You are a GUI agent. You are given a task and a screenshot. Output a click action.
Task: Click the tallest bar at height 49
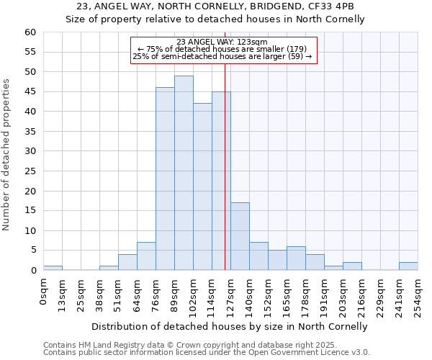click(184, 173)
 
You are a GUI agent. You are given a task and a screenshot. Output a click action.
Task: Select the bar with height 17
click(240, 236)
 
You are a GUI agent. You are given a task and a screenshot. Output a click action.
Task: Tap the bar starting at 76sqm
click(165, 179)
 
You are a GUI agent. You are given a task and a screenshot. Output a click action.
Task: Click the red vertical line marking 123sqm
click(225, 166)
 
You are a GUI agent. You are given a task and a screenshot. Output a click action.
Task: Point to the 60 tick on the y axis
click(30, 32)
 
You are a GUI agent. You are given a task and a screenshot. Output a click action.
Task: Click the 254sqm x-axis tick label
click(418, 295)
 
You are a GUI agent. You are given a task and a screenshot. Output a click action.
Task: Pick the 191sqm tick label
click(325, 295)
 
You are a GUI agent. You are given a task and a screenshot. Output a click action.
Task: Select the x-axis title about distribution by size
click(230, 326)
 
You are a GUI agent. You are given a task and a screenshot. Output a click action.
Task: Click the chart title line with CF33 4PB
click(215, 6)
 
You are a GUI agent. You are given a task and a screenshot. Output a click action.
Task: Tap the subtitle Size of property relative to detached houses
click(215, 19)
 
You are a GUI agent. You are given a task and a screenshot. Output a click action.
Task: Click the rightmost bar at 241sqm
click(408, 266)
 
